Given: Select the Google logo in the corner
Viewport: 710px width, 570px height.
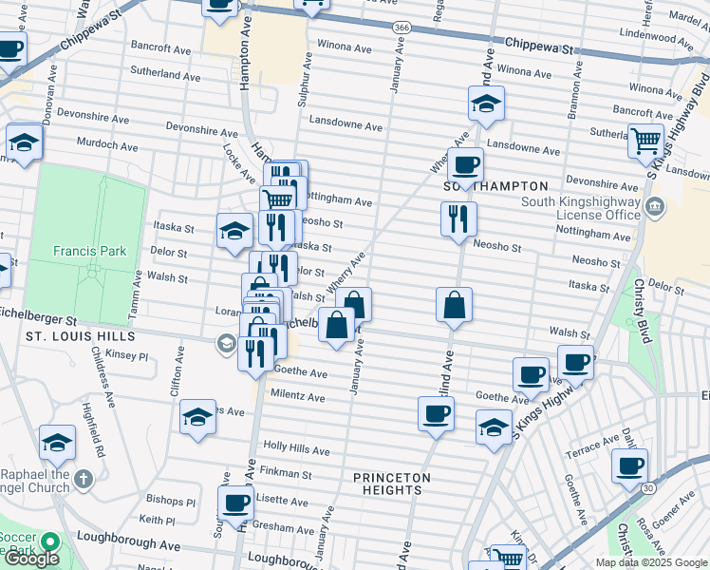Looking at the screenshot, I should click(x=32, y=559).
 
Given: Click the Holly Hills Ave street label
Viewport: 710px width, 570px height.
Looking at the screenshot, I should click(x=296, y=446).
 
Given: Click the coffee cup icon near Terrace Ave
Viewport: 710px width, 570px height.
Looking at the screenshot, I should click(x=629, y=465).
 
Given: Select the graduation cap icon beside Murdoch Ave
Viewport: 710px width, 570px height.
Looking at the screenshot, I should click(x=24, y=142).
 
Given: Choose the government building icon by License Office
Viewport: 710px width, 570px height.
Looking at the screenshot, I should click(x=654, y=207).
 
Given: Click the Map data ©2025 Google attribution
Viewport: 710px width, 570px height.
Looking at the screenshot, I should click(x=650, y=562).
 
